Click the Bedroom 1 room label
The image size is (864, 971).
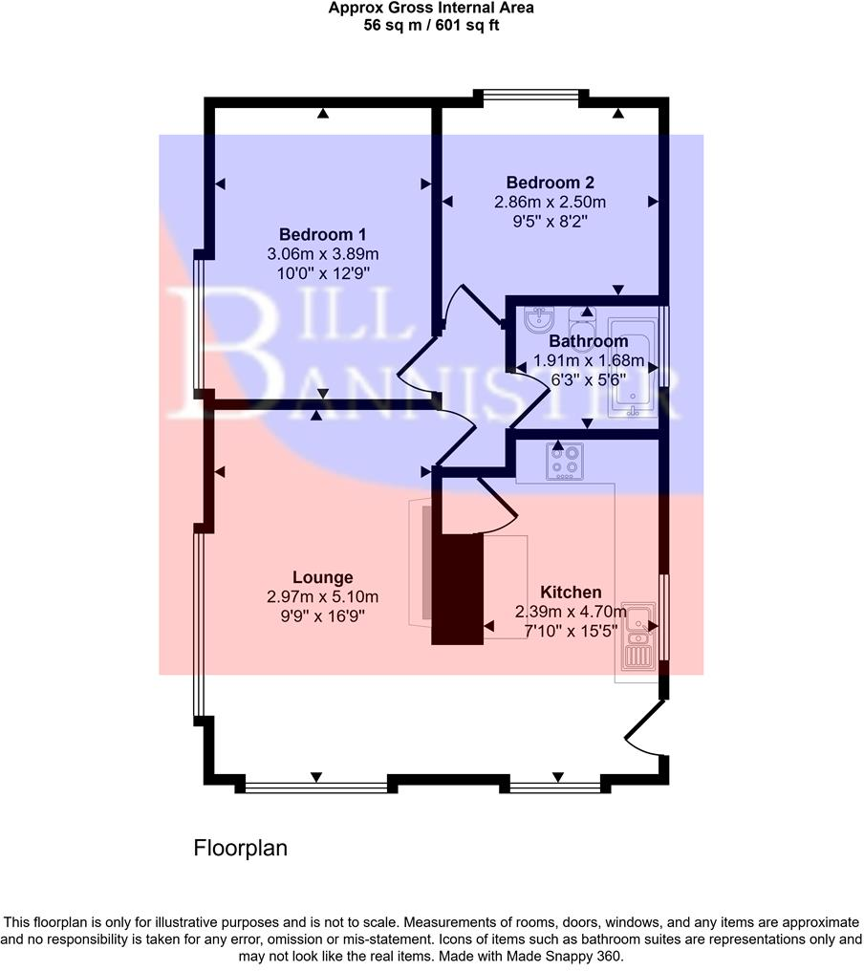tap(322, 234)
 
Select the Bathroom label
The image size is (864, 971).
tap(588, 341)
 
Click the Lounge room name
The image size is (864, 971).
tap(323, 577)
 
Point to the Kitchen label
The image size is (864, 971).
tap(571, 592)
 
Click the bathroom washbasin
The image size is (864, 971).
tap(540, 320)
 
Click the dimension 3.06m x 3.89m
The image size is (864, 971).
tap(323, 254)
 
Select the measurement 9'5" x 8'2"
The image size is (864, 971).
tap(550, 222)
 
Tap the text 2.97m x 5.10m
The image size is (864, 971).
tap(323, 597)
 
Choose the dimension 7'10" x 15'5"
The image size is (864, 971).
tap(571, 631)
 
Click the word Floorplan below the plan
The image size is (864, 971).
tap(240, 848)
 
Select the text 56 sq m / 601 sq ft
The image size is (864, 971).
tap(431, 26)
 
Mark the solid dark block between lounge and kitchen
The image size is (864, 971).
tap(458, 588)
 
